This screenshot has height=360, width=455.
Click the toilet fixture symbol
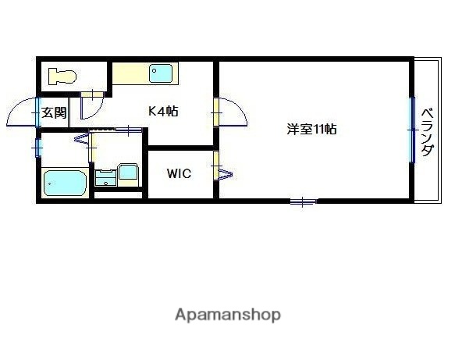[x=61, y=76]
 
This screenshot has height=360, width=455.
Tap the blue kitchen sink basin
[x=162, y=74]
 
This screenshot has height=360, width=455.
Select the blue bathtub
[x=65, y=184]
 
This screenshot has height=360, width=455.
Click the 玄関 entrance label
[x=54, y=112]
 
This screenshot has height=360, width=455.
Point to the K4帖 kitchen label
[x=163, y=112]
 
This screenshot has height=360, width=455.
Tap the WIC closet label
[x=178, y=173]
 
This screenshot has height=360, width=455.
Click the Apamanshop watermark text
[x=227, y=315]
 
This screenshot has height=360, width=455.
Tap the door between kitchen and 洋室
[x=232, y=112]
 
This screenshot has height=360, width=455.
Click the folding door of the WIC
[x=219, y=166]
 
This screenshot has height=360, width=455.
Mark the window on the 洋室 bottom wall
[x=303, y=202]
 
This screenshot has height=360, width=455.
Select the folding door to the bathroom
[x=83, y=140]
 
